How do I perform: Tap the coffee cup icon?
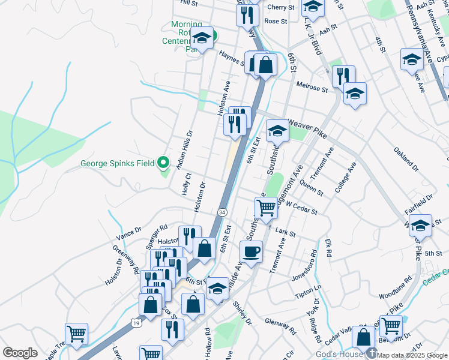click(x=251, y=251)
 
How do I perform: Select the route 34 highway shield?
click(x=222, y=212)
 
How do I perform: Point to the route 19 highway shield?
click(x=136, y=323)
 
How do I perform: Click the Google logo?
click(x=20, y=353)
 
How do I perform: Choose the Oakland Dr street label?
click(x=406, y=158)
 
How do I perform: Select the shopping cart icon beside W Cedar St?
click(x=266, y=208)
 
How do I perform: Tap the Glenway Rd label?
click(x=281, y=326)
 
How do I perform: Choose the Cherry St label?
click(x=281, y=7)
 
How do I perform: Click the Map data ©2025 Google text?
click(x=412, y=355)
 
